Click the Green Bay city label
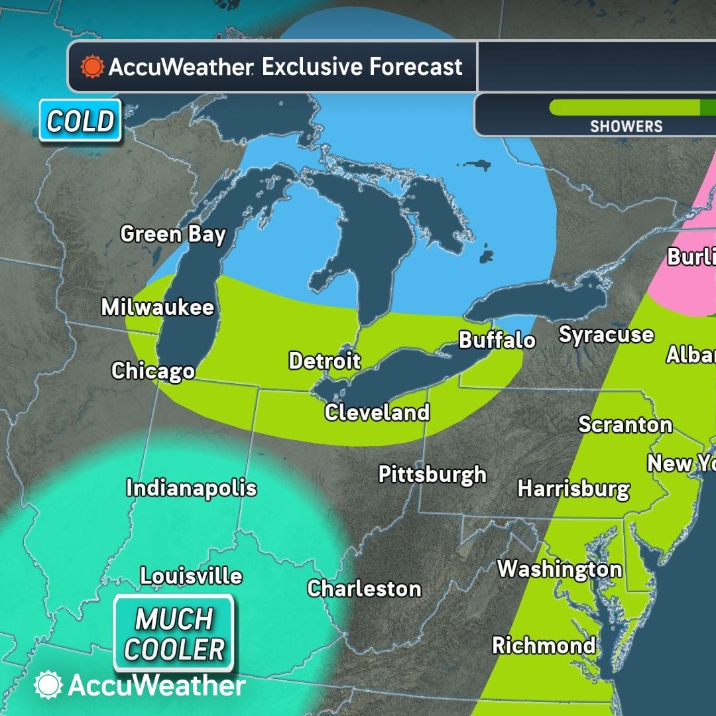[173, 235]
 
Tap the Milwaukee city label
[158, 308]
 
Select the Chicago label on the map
[153, 371]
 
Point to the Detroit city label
[325, 361]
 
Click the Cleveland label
[377, 413]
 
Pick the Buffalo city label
[497, 341]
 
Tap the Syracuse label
[606, 335]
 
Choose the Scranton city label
[625, 425]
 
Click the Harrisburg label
[573, 489]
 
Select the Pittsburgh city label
[432, 475]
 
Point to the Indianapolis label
[192, 489]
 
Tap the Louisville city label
[191, 576]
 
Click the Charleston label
[364, 589]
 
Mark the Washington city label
[560, 569]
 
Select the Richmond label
[544, 646]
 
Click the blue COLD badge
[80, 121]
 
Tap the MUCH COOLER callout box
[174, 634]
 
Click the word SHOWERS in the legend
[626, 126]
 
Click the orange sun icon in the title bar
[92, 67]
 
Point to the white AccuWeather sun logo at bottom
[48, 685]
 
